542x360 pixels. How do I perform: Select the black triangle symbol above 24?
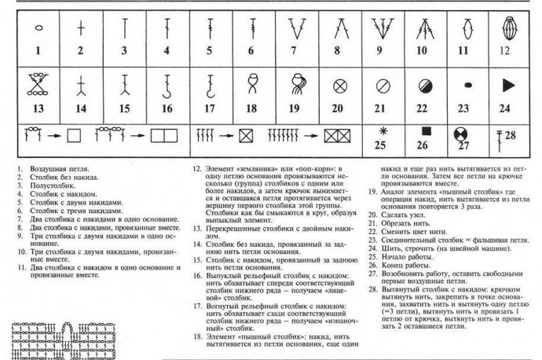click(x=507, y=84)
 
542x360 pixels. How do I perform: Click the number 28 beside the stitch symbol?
click(x=511, y=138)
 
